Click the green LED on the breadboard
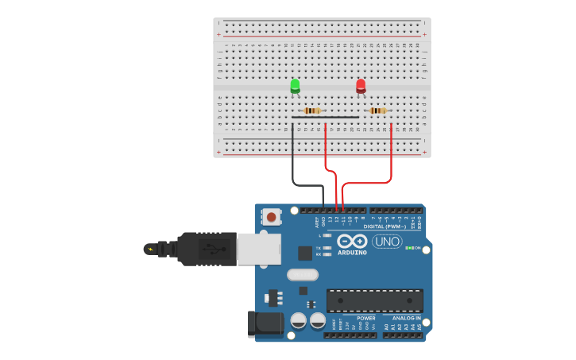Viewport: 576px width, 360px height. click(x=295, y=85)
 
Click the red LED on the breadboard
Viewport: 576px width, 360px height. click(x=361, y=85)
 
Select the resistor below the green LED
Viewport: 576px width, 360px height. click(x=312, y=110)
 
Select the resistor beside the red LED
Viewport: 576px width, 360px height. click(x=378, y=110)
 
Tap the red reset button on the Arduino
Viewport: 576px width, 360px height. click(x=273, y=216)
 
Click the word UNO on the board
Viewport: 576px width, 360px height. click(x=387, y=242)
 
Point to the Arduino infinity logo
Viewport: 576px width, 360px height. click(x=351, y=241)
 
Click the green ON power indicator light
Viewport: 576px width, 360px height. click(x=408, y=248)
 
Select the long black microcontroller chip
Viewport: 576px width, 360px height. click(x=374, y=300)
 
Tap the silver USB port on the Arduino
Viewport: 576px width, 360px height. click(x=259, y=248)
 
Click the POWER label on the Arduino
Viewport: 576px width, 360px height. click(x=365, y=318)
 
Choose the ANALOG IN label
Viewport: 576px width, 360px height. click(x=407, y=318)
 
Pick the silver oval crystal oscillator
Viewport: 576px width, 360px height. click(x=302, y=275)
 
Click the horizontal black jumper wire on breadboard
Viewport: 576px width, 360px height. click(x=325, y=118)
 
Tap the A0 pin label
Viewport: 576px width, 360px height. click(x=387, y=327)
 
